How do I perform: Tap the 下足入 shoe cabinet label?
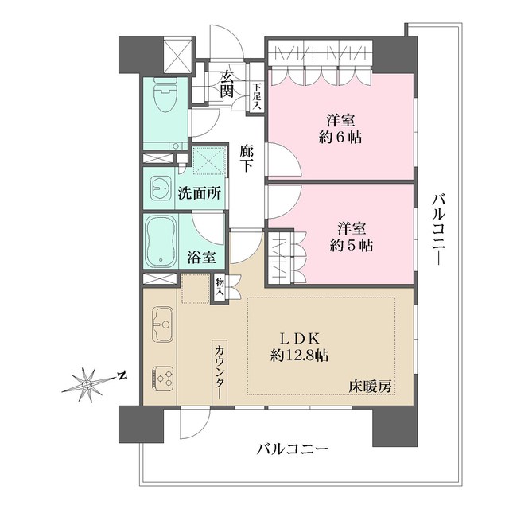(x=257, y=97)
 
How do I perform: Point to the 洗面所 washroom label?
(x=199, y=192)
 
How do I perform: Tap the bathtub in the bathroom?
(x=161, y=241)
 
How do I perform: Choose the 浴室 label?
(x=200, y=257)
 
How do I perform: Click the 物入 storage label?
(x=219, y=287)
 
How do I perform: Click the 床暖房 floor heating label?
(x=370, y=386)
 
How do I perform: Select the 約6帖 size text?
(x=340, y=137)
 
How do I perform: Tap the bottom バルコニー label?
(x=293, y=450)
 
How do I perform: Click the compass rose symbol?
(x=86, y=385)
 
